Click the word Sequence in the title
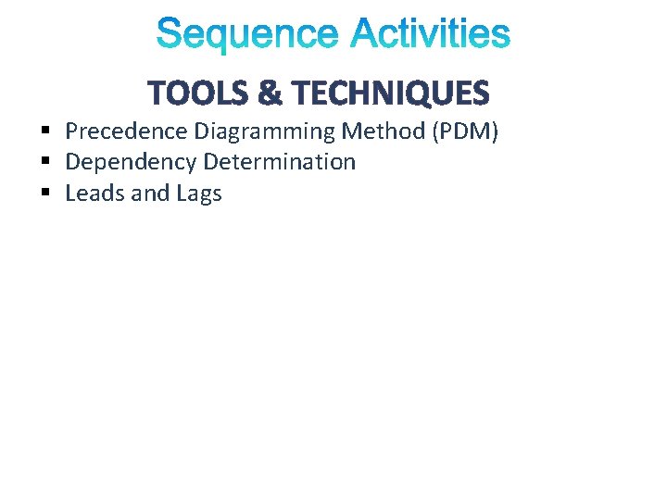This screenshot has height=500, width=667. [248, 35]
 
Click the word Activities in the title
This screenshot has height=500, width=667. [430, 35]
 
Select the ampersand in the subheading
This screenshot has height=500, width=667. [269, 93]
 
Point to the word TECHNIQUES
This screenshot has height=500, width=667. [389, 93]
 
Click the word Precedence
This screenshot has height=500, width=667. [126, 132]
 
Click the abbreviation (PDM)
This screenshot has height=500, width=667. [465, 132]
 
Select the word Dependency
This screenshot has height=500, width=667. [131, 163]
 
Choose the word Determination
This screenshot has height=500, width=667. [279, 163]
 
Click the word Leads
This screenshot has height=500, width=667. [92, 194]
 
